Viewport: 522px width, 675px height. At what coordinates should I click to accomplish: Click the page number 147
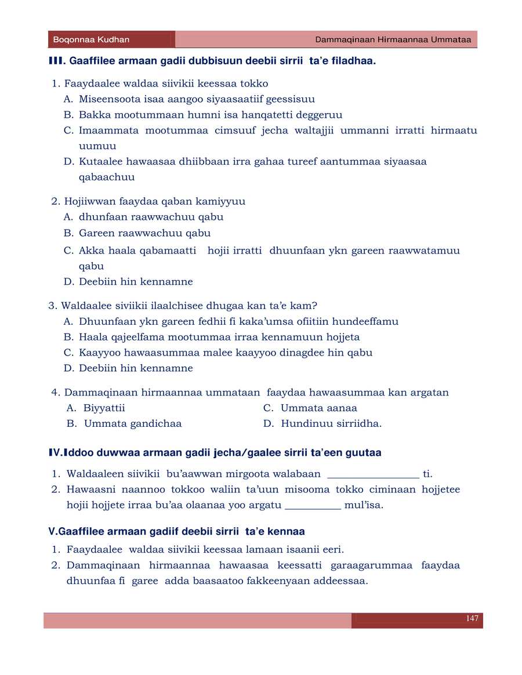coord(472,619)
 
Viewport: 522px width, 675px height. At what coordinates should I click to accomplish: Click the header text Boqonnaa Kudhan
coord(91,40)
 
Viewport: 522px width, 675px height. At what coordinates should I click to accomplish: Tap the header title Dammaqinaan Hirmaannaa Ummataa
coord(393,40)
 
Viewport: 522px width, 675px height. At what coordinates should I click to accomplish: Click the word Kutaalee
coord(100,162)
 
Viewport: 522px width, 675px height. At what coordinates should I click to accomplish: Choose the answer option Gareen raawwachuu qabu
coord(144,233)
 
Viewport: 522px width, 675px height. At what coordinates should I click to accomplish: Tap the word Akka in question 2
coord(90,251)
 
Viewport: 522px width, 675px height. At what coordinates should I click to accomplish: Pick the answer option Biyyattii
coord(104,408)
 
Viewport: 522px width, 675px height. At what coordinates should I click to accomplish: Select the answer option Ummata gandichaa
coord(133,424)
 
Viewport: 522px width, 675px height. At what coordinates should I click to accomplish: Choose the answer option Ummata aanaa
coord(318,408)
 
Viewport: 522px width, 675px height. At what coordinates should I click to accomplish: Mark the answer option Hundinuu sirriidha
coord(331,424)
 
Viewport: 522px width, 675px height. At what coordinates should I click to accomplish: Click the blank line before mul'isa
coord(313,506)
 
